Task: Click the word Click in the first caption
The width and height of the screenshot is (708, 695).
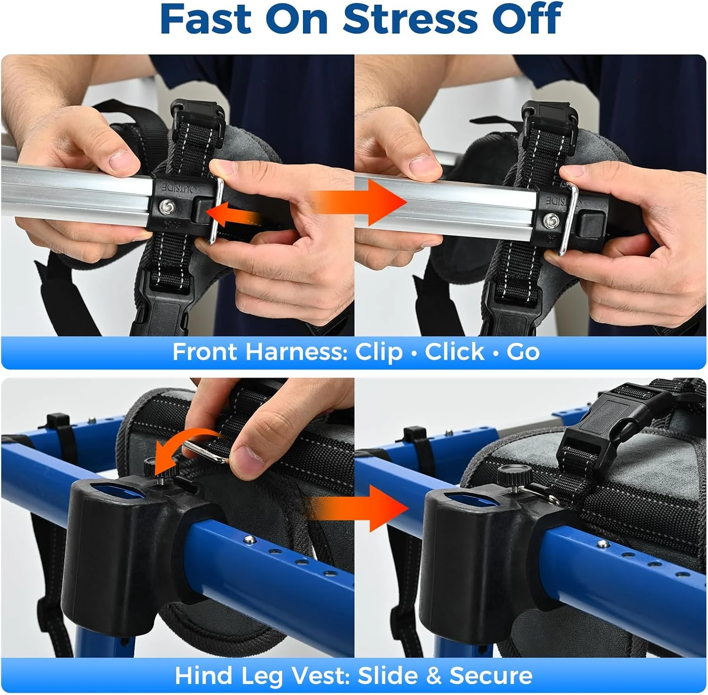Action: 455,352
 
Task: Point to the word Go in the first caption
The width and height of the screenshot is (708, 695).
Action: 523,352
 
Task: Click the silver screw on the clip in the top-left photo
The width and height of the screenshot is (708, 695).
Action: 166,206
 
